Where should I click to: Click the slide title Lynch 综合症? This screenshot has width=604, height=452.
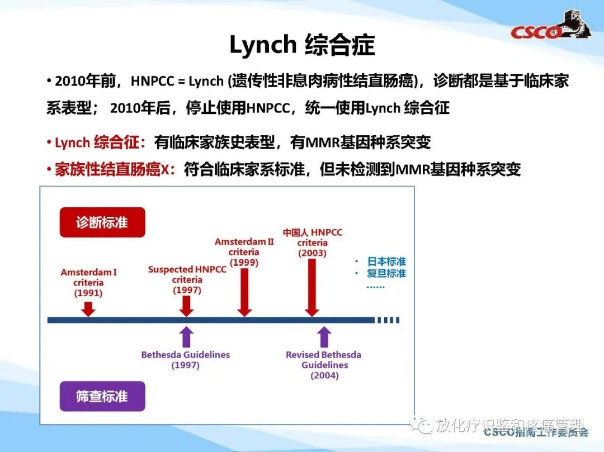(301, 45)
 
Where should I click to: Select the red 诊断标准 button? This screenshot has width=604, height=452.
(102, 222)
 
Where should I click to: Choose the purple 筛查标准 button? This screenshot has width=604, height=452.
(102, 396)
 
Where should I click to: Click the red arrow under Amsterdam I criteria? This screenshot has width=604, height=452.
(88, 308)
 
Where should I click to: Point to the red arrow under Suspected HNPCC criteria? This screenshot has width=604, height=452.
(187, 305)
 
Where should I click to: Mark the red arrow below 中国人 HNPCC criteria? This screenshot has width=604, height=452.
(312, 288)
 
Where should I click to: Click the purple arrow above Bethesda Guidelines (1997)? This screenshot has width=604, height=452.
(187, 337)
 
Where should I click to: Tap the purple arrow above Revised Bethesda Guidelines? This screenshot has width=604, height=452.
(324, 337)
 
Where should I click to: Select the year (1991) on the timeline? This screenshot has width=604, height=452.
(88, 293)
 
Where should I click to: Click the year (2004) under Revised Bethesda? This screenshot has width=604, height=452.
(324, 375)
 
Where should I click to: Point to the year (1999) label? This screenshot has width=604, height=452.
(244, 263)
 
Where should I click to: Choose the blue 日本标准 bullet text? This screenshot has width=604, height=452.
(386, 261)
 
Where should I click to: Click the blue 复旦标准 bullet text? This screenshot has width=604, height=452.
(386, 273)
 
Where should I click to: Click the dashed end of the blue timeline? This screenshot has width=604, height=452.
(389, 320)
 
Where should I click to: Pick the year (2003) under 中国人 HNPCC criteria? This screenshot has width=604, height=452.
(312, 253)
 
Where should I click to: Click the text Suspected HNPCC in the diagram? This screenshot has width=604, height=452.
(187, 269)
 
